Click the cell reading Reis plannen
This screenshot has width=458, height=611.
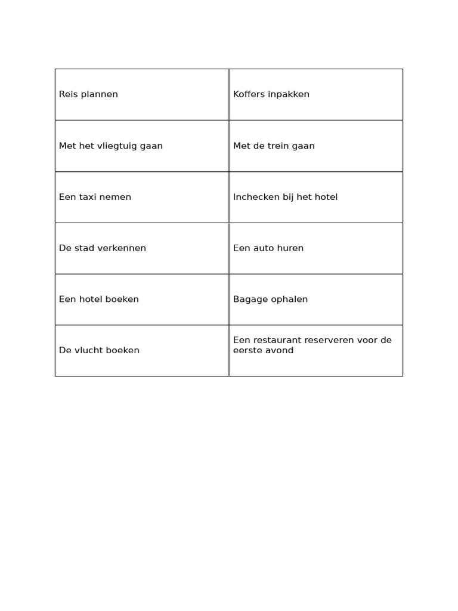point(142,94)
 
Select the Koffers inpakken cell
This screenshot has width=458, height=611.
point(315,94)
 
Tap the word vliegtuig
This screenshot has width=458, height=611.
point(117,146)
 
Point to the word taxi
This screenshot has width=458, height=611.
point(88,197)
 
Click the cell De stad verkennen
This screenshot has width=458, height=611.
point(142,248)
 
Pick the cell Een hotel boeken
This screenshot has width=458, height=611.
point(142,300)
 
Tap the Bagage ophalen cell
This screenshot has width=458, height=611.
point(315,300)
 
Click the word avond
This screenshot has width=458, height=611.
point(280,350)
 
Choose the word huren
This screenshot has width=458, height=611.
point(290,248)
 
